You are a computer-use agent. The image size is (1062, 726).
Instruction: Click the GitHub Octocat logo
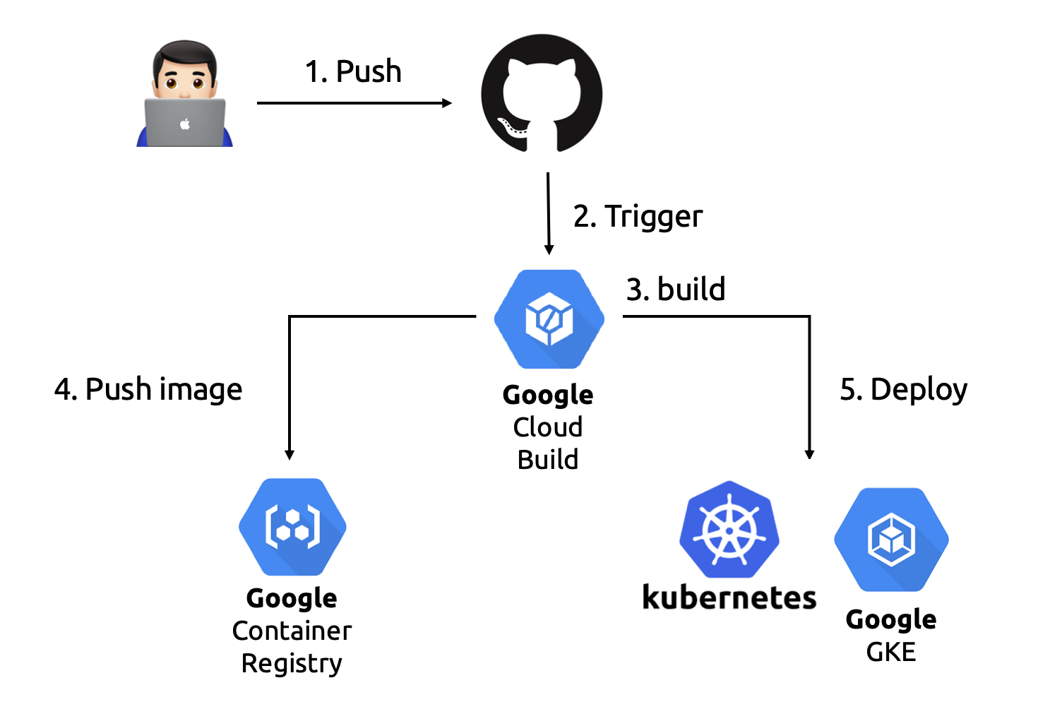point(542,93)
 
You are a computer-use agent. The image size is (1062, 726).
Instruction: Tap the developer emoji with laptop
point(184,93)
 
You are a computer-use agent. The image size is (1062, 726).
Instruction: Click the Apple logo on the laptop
point(185,124)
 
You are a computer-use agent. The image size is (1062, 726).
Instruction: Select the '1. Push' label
point(353,71)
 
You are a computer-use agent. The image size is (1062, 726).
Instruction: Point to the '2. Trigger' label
point(638,216)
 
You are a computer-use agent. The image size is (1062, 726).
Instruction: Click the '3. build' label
point(676,289)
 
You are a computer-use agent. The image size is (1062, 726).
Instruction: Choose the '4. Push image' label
point(148,389)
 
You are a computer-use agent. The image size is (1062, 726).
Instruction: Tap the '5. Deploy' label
point(903,389)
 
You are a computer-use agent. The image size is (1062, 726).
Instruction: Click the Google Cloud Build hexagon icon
point(549,319)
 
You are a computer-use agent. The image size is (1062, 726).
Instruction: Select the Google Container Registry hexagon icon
point(292,527)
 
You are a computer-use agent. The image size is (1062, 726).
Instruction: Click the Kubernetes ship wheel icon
point(729,530)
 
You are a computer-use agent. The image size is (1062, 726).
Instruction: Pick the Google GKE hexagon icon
point(891,540)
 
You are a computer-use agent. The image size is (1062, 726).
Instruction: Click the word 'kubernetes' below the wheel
point(729,597)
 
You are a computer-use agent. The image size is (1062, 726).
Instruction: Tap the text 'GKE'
point(891,652)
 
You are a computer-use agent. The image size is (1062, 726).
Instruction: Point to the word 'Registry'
point(292,663)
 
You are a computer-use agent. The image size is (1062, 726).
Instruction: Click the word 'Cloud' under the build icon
point(548,427)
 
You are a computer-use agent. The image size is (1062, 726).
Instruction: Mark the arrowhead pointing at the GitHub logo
point(447,103)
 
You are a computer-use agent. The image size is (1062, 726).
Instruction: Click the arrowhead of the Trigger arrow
point(549,249)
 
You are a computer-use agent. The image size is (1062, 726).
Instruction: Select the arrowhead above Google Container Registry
point(290,455)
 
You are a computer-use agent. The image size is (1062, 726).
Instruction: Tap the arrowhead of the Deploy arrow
point(809,454)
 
